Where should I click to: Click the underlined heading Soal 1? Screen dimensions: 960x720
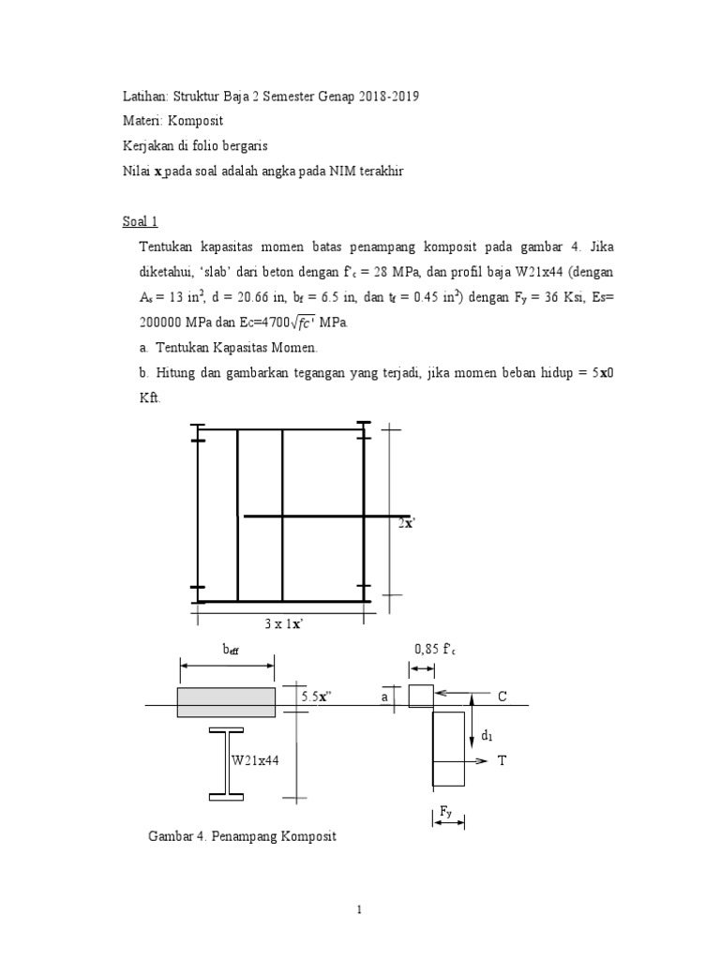(141, 222)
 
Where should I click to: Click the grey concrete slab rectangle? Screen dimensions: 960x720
(226, 702)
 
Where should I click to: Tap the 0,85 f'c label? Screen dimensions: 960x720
(432, 649)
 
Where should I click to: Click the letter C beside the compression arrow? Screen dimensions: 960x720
(502, 697)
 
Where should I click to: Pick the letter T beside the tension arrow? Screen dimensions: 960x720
(501, 760)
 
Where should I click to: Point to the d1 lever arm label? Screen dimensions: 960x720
(487, 736)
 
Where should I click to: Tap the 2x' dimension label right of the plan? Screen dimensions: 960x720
(405, 524)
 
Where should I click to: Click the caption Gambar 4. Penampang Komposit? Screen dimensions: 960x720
(242, 836)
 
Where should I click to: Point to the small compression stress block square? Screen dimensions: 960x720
(420, 697)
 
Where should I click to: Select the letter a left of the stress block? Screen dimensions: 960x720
(384, 697)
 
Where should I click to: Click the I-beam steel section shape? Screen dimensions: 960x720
(225, 763)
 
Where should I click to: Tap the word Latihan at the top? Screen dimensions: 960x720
(145, 97)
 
